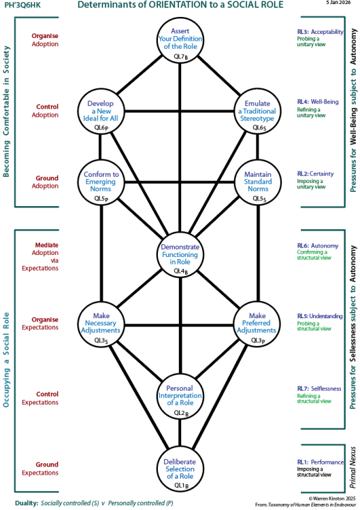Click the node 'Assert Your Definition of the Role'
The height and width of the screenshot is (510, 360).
point(180,42)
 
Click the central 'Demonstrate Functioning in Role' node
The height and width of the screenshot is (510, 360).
point(180,254)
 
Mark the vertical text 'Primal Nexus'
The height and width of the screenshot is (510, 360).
point(351,464)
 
